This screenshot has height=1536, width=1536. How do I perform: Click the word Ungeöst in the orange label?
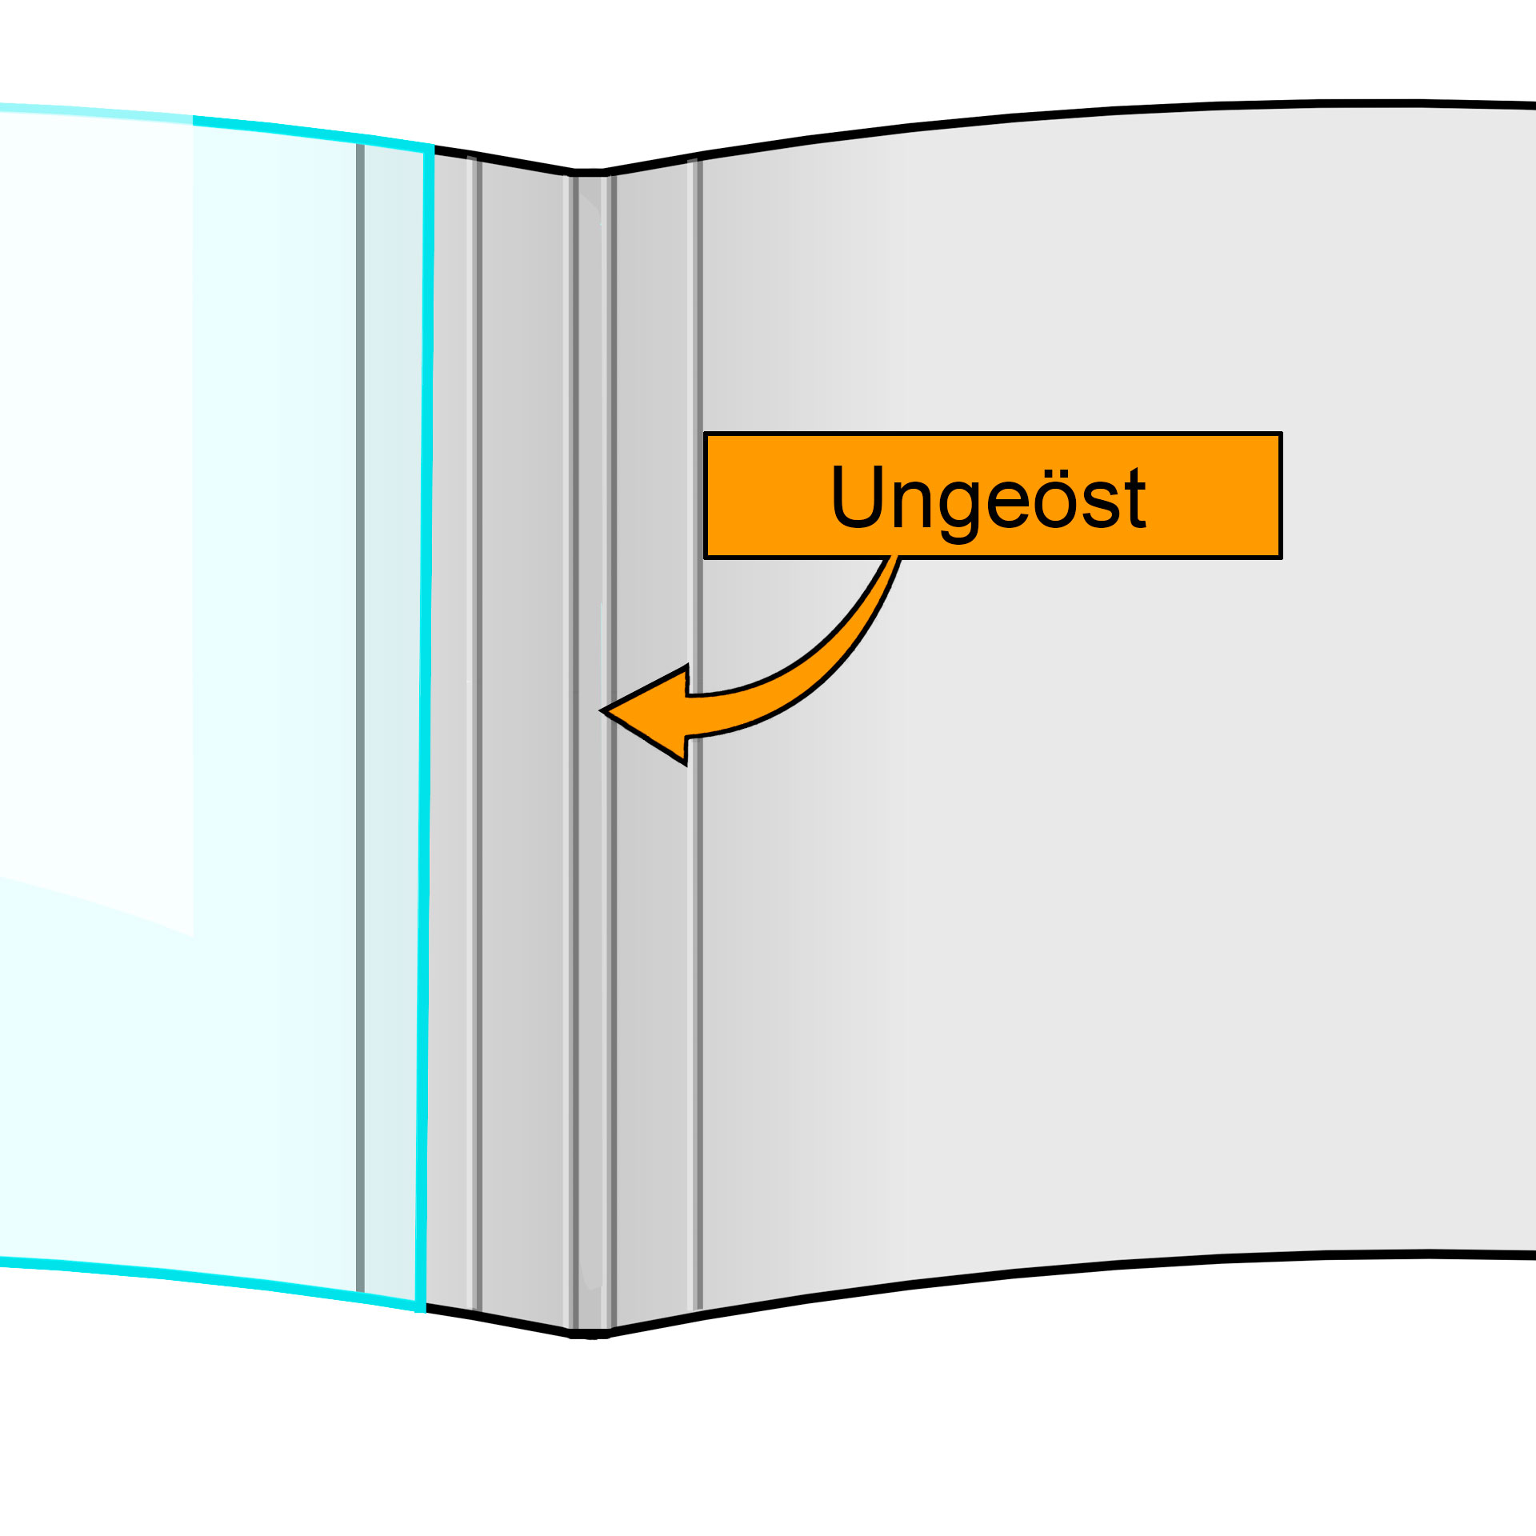pos(989,498)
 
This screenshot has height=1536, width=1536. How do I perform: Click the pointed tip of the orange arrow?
pos(604,710)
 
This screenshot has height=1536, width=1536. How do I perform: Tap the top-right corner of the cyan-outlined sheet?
pos(431,148)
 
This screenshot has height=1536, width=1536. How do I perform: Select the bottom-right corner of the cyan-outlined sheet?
pos(420,1309)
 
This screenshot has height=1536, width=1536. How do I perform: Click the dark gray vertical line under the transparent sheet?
pos(360,720)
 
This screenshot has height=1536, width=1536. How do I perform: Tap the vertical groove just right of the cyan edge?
pos(474,720)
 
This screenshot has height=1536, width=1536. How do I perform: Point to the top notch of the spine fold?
pos(588,172)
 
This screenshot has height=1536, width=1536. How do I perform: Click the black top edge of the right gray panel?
pos(1120,108)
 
